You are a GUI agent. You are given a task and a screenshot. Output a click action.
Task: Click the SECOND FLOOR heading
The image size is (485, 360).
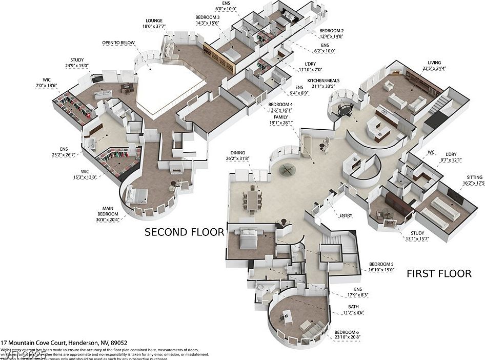184,232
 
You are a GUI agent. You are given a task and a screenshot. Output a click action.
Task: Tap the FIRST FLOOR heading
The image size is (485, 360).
439,274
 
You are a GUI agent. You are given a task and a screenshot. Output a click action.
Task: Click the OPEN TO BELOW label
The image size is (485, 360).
115,43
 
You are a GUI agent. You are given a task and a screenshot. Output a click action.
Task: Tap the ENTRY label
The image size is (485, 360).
346,215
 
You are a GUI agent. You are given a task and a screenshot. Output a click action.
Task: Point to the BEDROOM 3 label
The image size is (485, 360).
208,17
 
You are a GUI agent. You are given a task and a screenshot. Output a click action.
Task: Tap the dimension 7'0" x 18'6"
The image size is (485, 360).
47,85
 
